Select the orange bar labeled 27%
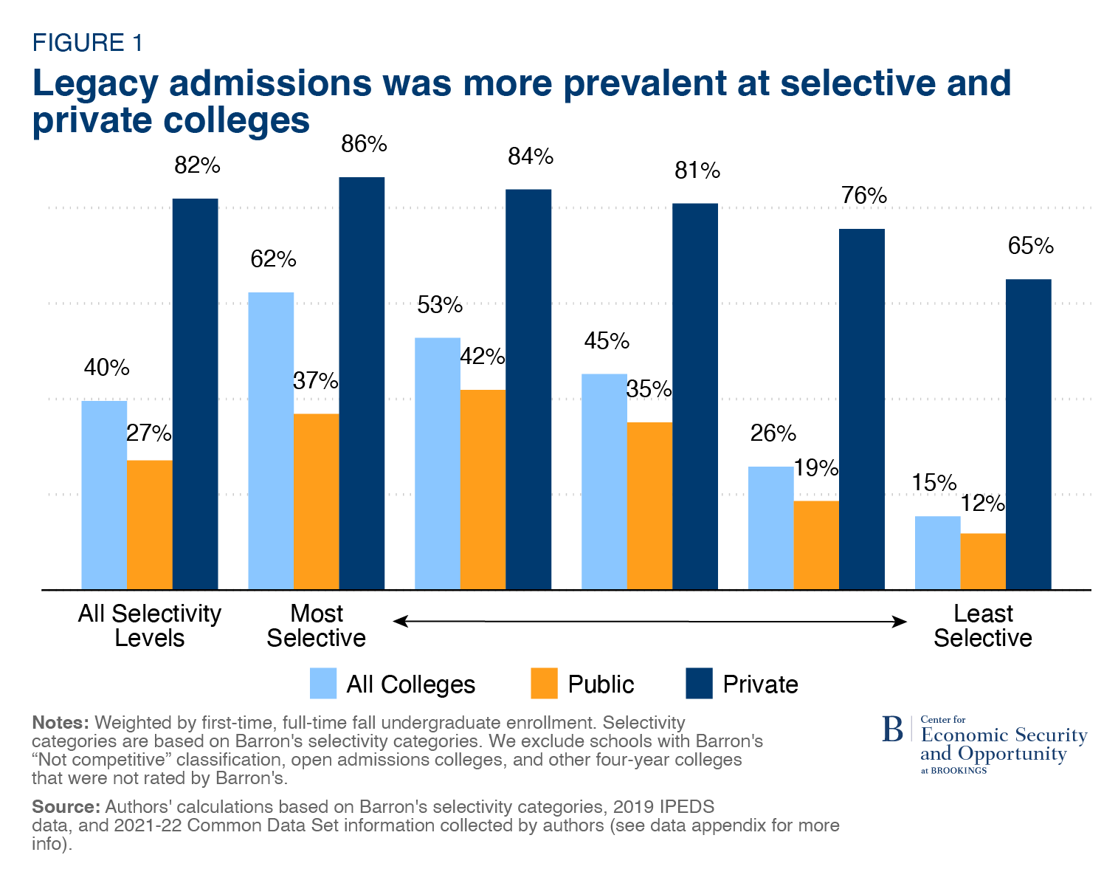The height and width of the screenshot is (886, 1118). pyautogui.click(x=150, y=524)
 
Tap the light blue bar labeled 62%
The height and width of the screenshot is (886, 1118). pyautogui.click(x=271, y=441)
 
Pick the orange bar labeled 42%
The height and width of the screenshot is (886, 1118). pyautogui.click(x=483, y=489)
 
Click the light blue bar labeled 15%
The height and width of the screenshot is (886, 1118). pyautogui.click(x=937, y=552)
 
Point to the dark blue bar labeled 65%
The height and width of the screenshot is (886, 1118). pyautogui.click(x=1029, y=433)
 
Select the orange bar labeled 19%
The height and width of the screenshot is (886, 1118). pyautogui.click(x=816, y=545)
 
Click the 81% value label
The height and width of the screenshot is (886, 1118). pyautogui.click(x=697, y=171)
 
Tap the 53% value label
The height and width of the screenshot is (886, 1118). pyautogui.click(x=440, y=305)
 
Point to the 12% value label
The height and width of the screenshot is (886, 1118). pyautogui.click(x=982, y=504)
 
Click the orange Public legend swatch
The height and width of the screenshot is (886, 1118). pyautogui.click(x=544, y=683)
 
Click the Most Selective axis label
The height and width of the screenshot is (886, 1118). pyautogui.click(x=316, y=625)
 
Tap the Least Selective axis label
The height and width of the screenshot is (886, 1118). pyautogui.click(x=982, y=625)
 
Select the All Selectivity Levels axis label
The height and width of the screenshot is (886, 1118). pyautogui.click(x=150, y=625)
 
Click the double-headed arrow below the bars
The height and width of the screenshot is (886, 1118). pyautogui.click(x=649, y=622)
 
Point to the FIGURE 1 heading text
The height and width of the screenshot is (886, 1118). pyautogui.click(x=87, y=43)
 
